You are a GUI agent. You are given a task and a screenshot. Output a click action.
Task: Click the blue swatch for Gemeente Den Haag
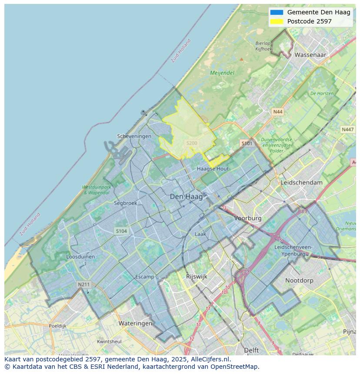coord(277,12)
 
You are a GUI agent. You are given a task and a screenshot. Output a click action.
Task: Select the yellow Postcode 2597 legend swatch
coord(277,21)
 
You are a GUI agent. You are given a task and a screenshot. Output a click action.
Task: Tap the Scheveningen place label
coord(134,136)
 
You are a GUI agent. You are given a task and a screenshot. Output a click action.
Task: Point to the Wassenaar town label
coord(310,55)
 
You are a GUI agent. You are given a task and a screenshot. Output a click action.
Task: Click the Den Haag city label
coord(186,197)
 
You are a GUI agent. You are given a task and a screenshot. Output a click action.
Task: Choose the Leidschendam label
coord(302,182)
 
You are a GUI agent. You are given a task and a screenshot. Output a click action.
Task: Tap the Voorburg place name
coord(248,218)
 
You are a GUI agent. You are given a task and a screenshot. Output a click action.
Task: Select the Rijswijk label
coord(197,276)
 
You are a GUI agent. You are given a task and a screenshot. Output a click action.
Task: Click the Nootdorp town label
coord(299,281)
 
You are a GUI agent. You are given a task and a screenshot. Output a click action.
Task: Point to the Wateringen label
coord(135,323)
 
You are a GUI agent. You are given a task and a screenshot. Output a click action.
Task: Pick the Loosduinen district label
coord(80,257)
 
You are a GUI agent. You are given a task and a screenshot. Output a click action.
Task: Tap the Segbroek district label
coord(125,203)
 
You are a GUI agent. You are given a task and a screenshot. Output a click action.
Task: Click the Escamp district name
coord(144,277)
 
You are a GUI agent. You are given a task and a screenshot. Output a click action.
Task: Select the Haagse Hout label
coord(213,169)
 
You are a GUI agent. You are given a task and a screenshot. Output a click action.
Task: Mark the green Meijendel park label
coord(222,73)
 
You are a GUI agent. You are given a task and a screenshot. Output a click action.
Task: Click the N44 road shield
coord(277,112)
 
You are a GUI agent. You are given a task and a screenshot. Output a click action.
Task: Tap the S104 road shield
coord(121,231)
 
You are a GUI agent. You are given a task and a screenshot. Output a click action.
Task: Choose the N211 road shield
coord(84,285)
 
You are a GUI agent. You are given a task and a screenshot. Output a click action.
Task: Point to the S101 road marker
coord(247,143)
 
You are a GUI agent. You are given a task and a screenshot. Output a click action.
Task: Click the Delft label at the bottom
coord(251,350)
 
